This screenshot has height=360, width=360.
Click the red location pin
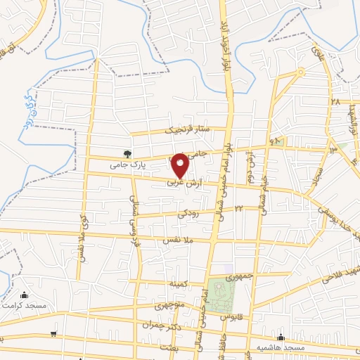tap(180, 165)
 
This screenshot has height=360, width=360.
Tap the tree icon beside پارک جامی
tap(127, 153)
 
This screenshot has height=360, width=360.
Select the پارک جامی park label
tap(127, 165)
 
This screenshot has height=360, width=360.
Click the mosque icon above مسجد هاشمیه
tap(281, 337)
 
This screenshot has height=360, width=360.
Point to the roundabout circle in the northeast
tap(300, 72)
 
